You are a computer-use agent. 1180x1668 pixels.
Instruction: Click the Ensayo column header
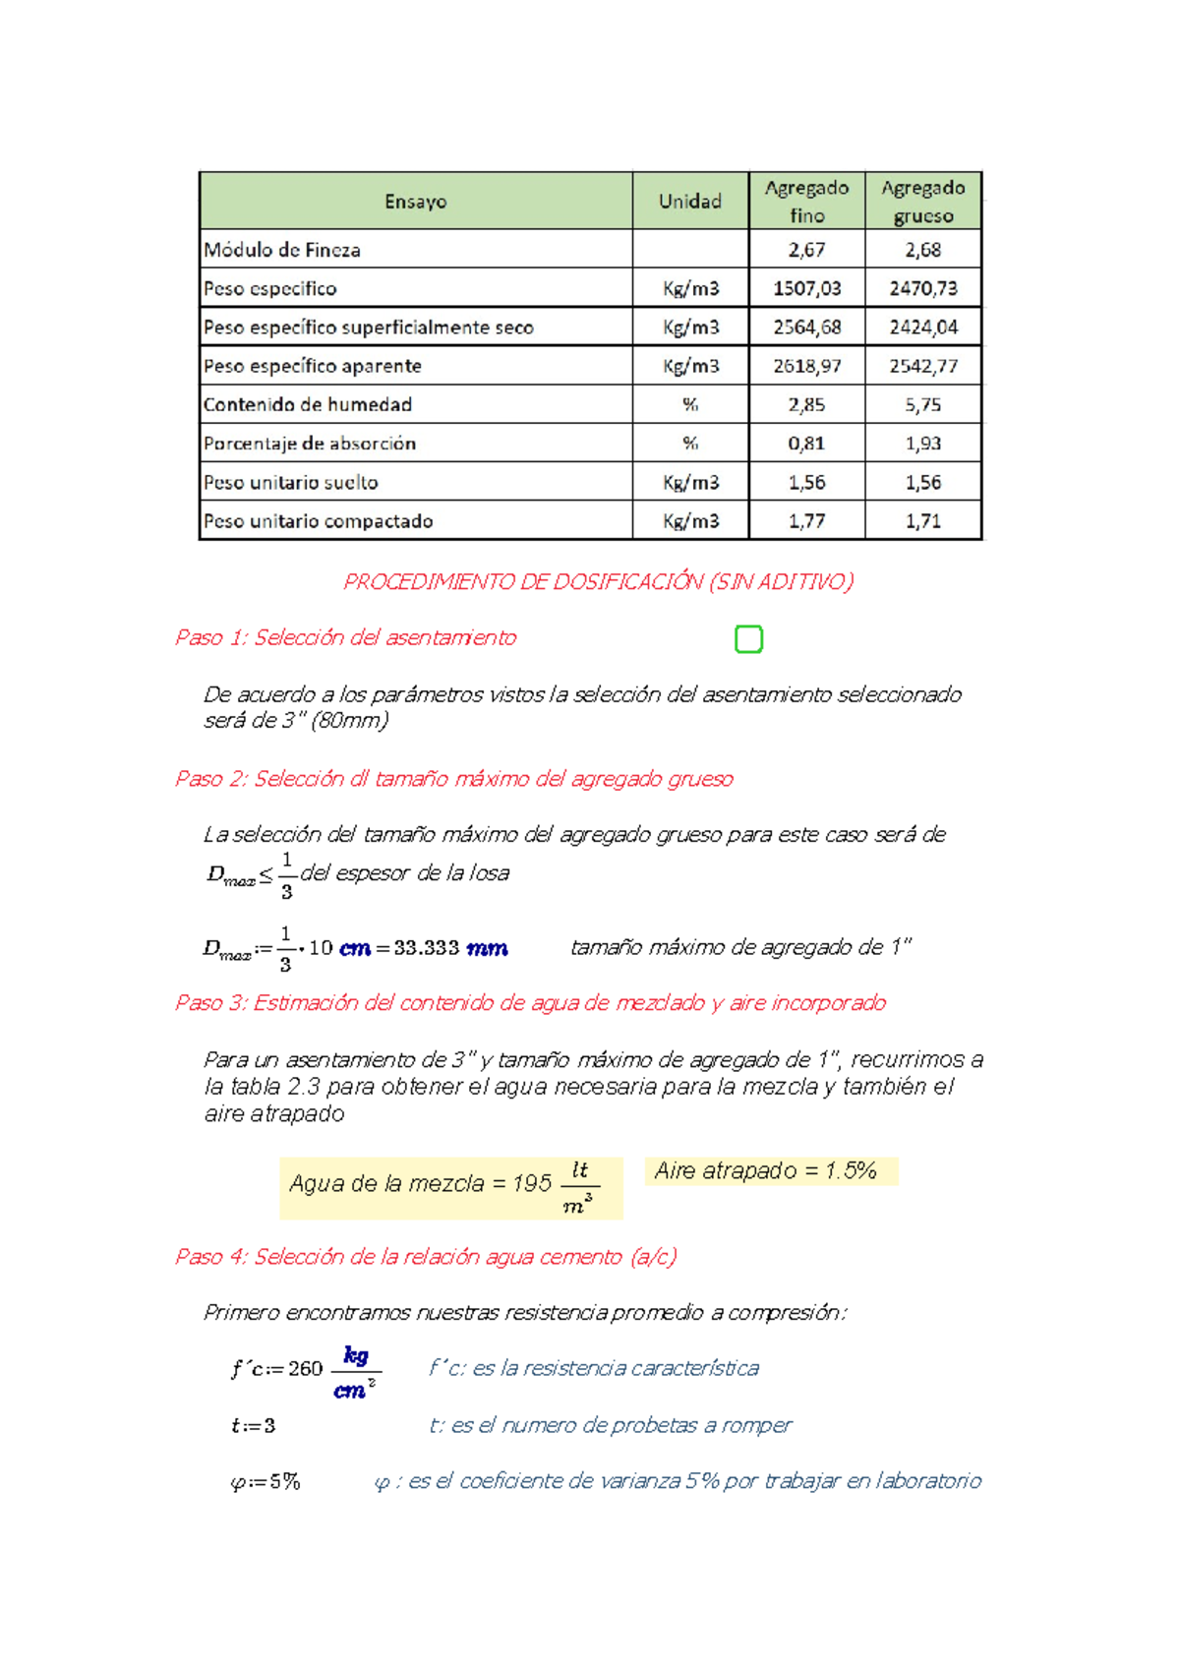415,202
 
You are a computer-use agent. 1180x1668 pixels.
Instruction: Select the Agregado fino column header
806,202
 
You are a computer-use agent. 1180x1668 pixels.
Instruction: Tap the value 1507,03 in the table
806,288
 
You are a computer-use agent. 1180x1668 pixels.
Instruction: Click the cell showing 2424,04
922,328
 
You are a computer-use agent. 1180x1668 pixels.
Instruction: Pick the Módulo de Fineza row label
282,250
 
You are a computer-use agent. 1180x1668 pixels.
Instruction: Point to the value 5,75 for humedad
922,404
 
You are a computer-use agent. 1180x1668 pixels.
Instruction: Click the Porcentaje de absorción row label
310,444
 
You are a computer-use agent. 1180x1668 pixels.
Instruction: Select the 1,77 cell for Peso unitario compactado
806,521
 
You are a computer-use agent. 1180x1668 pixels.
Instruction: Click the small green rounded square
748,639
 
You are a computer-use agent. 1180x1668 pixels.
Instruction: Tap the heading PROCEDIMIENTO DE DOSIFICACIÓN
598,581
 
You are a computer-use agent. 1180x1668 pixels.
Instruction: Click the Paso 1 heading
345,637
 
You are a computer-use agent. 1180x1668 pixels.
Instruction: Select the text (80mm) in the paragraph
349,720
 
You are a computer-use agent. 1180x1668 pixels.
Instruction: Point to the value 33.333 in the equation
426,948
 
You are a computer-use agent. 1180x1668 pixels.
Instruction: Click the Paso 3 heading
530,1002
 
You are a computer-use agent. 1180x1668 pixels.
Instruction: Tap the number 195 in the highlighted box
531,1183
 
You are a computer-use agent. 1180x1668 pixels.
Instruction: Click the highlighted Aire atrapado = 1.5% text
765,1170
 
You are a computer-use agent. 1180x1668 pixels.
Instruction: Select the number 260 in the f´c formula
305,1369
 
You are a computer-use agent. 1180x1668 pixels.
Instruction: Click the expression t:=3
253,1425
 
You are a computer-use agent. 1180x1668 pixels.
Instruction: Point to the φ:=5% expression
265,1481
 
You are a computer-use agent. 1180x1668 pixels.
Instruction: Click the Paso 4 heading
425,1256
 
